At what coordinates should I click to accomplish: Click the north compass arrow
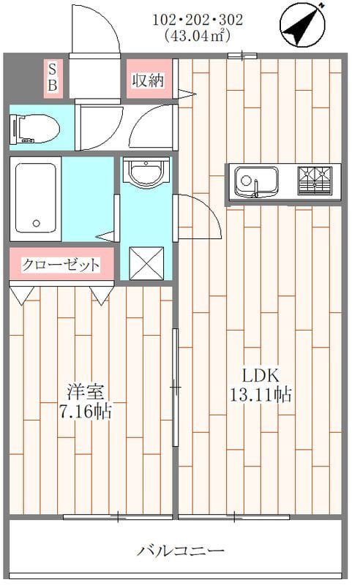(303, 23)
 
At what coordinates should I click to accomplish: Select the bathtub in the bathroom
(35, 198)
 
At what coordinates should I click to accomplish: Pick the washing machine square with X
(145, 260)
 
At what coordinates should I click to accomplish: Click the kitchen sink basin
(255, 180)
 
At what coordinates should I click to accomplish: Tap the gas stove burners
(314, 180)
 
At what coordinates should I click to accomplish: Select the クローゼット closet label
(61, 265)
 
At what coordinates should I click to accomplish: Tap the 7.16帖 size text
(86, 411)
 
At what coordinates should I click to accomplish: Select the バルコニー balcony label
(180, 551)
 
